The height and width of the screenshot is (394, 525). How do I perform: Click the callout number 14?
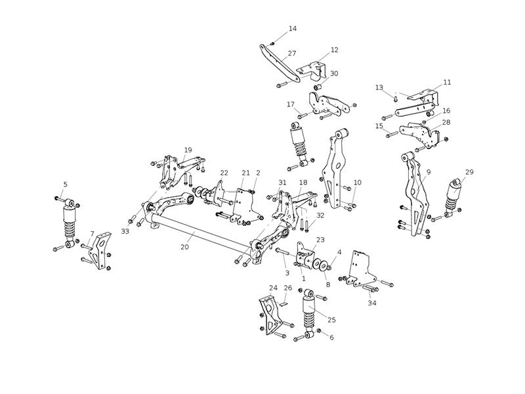click(x=293, y=29)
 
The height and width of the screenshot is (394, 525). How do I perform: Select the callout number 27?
click(x=292, y=53)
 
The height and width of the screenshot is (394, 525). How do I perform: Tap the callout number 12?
click(x=334, y=50)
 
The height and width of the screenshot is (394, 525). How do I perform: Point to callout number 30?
click(x=334, y=74)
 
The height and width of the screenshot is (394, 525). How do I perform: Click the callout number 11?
click(x=447, y=82)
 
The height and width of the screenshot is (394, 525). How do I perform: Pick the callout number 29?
click(x=469, y=172)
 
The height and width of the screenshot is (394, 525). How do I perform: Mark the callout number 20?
click(x=184, y=248)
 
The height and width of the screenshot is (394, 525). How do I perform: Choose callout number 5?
click(x=65, y=185)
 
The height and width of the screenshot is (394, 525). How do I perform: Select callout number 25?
click(x=331, y=320)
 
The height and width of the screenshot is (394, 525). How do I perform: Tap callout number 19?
click(x=188, y=150)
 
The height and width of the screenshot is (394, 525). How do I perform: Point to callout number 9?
click(x=428, y=172)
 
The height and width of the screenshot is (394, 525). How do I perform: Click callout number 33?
click(x=125, y=231)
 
